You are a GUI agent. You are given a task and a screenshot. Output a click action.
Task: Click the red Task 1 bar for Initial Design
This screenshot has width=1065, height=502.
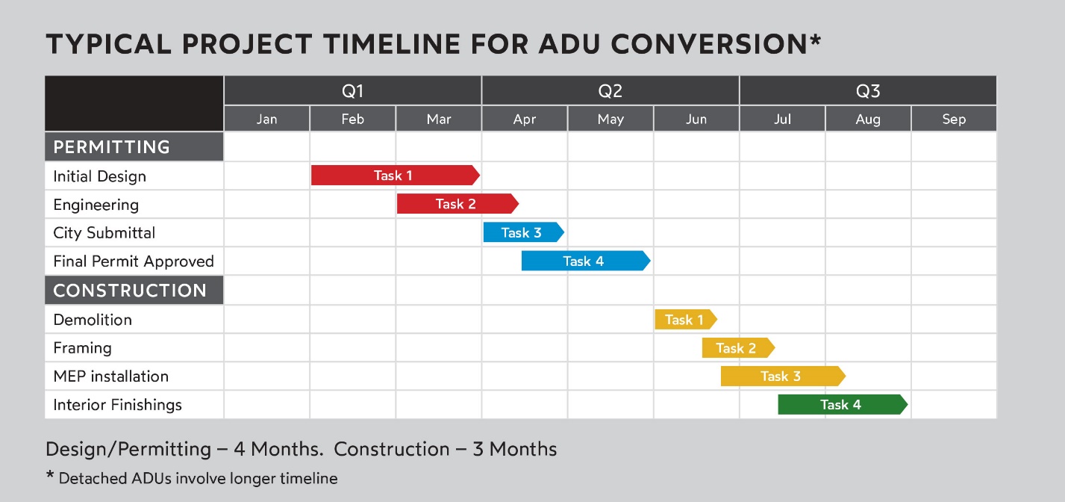pos(396,175)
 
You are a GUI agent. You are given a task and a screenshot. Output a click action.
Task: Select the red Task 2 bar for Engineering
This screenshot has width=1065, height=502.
pos(457,204)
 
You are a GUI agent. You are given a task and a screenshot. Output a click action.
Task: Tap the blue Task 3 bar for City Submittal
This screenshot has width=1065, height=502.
pos(523,232)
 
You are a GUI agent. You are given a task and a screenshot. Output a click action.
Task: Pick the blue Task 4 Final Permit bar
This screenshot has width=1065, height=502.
pos(586,261)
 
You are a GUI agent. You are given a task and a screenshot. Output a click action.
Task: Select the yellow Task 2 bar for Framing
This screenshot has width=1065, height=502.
pos(738,348)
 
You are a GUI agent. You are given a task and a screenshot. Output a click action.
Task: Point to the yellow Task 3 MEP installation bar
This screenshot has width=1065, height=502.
pos(783,376)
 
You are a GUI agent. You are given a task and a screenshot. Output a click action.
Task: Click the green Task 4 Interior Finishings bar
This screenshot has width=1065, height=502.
pos(843,404)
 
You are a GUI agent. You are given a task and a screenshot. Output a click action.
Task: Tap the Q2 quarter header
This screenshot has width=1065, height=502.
pos(610,90)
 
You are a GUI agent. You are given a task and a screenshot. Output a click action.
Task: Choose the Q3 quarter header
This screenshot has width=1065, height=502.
pos(868,90)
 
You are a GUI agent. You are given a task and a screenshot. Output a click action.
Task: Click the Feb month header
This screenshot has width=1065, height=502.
pos(352,119)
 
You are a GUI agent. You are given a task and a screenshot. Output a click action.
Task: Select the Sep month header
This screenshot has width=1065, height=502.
pos(954,119)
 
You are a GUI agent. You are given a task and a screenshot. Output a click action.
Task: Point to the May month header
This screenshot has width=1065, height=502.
pos(610,119)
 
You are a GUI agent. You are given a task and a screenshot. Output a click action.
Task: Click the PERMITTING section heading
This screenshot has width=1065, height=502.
pos(111,147)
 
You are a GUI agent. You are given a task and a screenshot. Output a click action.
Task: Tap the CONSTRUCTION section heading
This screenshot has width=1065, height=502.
pos(130,291)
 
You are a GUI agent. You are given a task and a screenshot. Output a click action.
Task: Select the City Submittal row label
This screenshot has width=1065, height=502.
pos(104,232)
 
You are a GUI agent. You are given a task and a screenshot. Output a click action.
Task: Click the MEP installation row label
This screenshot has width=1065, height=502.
pos(110,376)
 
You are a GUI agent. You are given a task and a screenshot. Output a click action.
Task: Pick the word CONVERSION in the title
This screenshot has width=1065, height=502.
pos(709,44)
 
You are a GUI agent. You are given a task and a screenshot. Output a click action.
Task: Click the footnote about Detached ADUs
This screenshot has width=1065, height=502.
pos(192,478)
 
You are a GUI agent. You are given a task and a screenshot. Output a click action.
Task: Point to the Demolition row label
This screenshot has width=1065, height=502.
pos(93,320)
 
